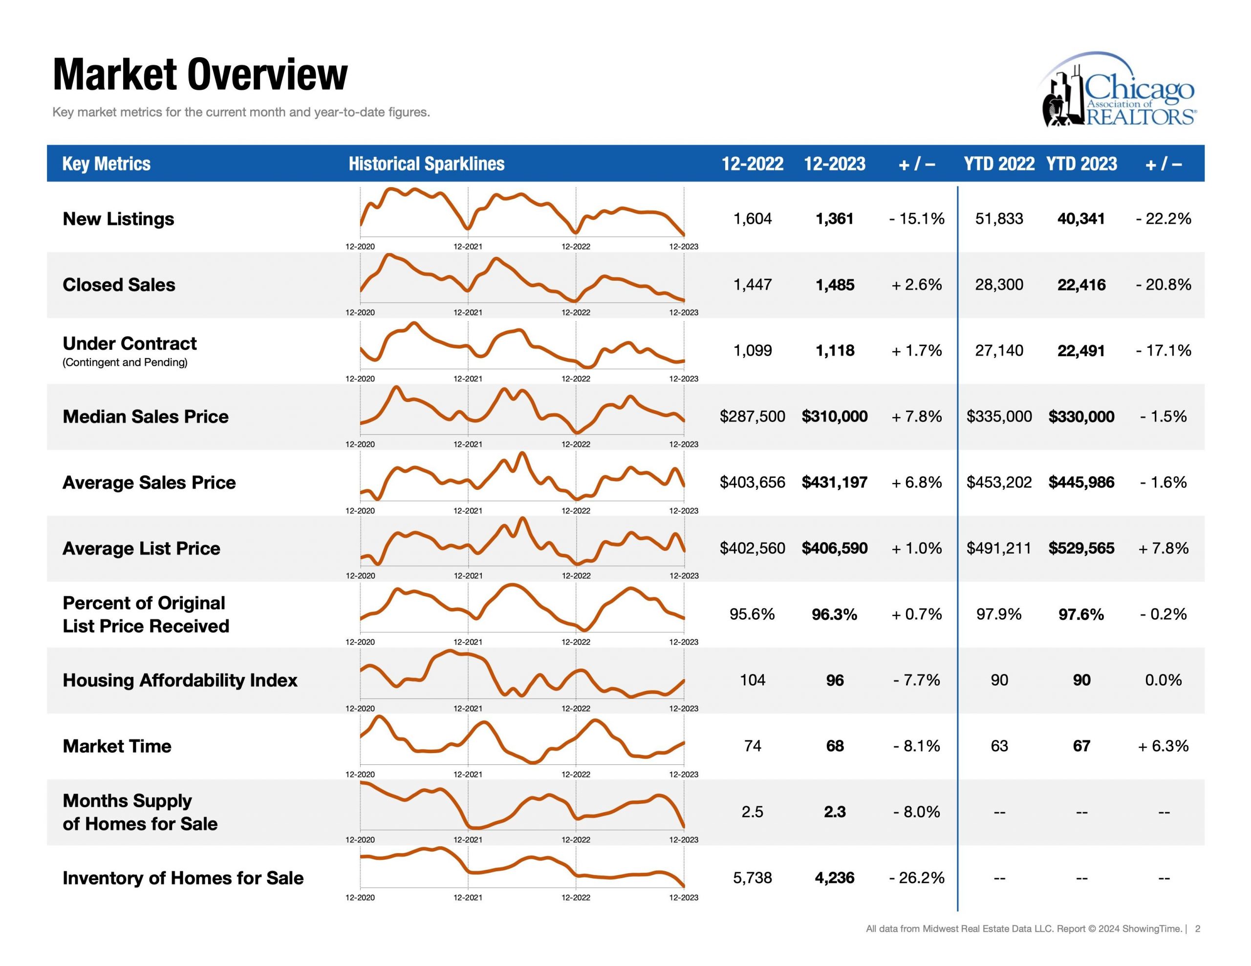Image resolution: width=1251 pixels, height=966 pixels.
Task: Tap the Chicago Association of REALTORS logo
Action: click(1118, 89)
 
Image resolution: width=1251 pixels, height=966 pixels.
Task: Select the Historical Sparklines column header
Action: click(426, 164)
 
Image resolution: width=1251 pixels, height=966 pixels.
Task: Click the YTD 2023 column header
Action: click(1081, 164)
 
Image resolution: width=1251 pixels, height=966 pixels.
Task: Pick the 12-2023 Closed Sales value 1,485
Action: click(835, 285)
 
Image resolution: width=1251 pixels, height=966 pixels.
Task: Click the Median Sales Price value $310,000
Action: click(835, 416)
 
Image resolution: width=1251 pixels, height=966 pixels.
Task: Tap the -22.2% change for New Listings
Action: click(1164, 219)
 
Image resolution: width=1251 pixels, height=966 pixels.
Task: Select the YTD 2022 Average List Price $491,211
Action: click(999, 548)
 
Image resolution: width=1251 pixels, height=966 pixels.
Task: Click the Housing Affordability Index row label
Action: click(180, 680)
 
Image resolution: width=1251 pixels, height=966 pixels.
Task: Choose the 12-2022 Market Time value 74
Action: click(752, 746)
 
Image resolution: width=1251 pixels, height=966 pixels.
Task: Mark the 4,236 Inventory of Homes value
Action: click(835, 877)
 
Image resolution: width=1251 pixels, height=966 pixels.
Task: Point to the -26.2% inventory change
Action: click(916, 877)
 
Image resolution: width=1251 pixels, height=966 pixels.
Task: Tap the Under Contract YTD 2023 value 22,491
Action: click(1081, 351)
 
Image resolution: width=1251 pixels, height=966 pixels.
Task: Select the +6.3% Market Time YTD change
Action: click(1164, 746)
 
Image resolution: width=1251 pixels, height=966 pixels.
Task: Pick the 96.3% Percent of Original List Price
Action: click(835, 614)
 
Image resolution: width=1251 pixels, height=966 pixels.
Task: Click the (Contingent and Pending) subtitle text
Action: click(125, 362)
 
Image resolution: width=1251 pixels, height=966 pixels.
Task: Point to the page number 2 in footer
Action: click(1197, 928)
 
